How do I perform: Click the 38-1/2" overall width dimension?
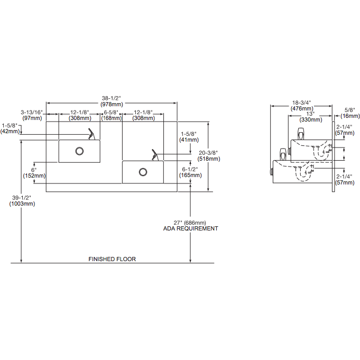(x=112, y=98)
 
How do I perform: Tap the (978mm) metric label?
(x=112, y=104)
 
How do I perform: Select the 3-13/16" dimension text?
(x=31, y=112)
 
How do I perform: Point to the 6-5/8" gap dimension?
(x=112, y=112)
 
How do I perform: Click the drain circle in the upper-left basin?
(x=79, y=151)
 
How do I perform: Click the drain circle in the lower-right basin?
(x=143, y=171)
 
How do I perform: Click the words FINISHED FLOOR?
(x=112, y=259)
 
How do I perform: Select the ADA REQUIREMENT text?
(x=190, y=228)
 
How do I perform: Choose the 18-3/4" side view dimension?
(x=302, y=103)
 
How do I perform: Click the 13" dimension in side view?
(x=309, y=114)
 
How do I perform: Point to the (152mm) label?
(x=35, y=176)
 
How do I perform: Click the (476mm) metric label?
(x=302, y=109)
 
